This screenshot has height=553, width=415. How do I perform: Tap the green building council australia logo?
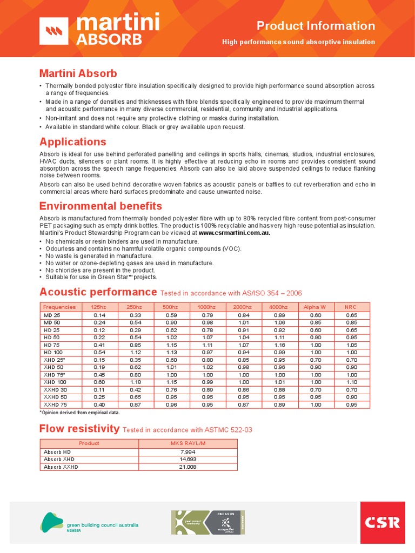[90, 522]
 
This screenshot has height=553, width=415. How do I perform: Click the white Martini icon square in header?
[54, 31]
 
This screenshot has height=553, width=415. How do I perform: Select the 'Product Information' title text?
[316, 26]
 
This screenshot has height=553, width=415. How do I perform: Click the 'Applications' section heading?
[73, 142]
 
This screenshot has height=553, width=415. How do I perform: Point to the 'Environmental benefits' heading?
[101, 206]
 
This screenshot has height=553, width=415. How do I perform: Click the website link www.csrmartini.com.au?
[234, 233]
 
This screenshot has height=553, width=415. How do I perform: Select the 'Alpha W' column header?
[315, 307]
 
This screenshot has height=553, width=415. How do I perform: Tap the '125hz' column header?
[99, 307]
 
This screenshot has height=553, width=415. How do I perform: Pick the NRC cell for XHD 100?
[351, 382]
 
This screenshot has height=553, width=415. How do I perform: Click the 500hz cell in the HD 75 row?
[170, 345]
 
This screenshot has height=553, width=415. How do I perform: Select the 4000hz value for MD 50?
[279, 322]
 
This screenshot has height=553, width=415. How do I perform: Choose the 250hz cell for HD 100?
[135, 352]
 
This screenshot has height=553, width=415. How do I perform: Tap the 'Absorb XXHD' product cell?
[61, 467]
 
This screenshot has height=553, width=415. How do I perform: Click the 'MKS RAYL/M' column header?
[188, 443]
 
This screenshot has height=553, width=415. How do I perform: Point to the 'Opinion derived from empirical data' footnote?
[80, 413]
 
